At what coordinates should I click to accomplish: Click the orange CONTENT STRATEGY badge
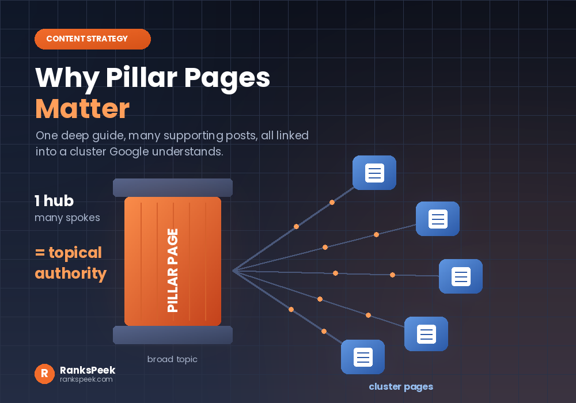(93, 39)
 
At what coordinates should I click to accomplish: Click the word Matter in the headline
(82, 109)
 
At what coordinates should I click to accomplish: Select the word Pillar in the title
(142, 78)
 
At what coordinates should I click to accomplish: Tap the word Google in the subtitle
(129, 151)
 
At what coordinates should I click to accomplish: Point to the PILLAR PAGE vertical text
(173, 271)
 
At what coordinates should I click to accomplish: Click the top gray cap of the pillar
(173, 188)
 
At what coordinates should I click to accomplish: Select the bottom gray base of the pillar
(173, 334)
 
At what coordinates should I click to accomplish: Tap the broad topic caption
(172, 359)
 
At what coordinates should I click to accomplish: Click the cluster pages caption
(401, 387)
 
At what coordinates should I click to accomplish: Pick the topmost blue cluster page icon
(374, 173)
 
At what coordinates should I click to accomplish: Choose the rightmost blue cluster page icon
(461, 276)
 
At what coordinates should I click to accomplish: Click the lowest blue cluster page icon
(363, 357)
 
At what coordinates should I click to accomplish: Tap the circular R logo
(44, 374)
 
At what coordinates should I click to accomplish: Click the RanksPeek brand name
(88, 370)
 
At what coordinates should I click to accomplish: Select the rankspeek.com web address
(86, 379)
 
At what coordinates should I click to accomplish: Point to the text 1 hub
(54, 201)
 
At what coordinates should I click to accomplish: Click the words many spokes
(67, 218)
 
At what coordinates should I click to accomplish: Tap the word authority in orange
(70, 274)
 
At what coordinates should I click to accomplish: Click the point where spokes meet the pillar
(233, 271)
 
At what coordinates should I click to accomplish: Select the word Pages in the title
(227, 78)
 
